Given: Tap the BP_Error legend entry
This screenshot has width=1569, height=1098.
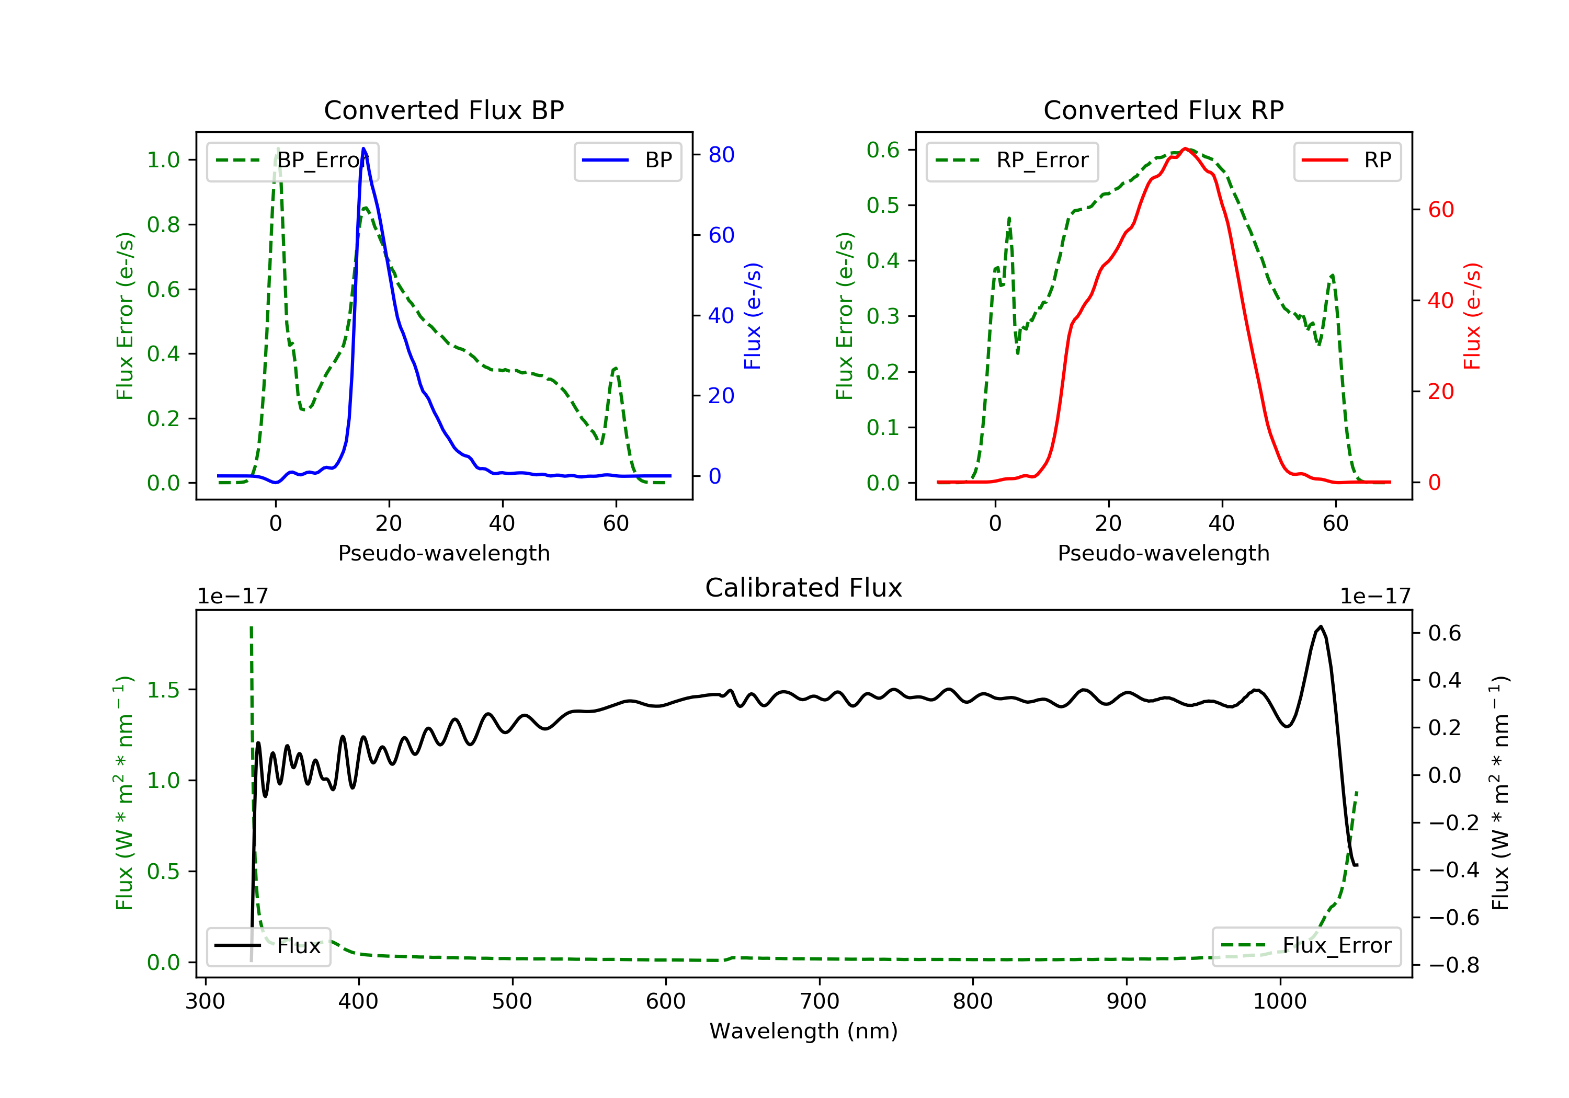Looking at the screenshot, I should coord(292,161).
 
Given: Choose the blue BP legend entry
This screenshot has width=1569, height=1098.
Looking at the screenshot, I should coord(627,161).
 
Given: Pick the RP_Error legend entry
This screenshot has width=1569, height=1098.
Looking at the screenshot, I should coord(1012,161).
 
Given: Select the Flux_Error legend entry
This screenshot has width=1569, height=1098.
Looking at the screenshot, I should coord(1306,946).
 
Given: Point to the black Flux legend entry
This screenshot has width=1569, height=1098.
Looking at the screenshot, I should coord(269,946).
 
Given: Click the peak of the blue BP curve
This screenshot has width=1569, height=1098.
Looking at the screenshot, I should coord(363,148).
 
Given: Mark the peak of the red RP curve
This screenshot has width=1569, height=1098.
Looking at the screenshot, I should coord(1185,148).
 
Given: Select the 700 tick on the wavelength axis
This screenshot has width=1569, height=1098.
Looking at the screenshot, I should coord(820,1002).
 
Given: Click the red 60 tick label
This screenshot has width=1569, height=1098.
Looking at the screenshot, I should coord(1440,210).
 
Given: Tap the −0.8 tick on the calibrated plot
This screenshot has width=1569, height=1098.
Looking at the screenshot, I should coord(1453,965).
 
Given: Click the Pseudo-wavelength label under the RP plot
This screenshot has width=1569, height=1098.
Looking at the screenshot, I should coord(1163,553).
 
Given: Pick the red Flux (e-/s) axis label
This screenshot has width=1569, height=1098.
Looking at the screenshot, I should coord(1472,316).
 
